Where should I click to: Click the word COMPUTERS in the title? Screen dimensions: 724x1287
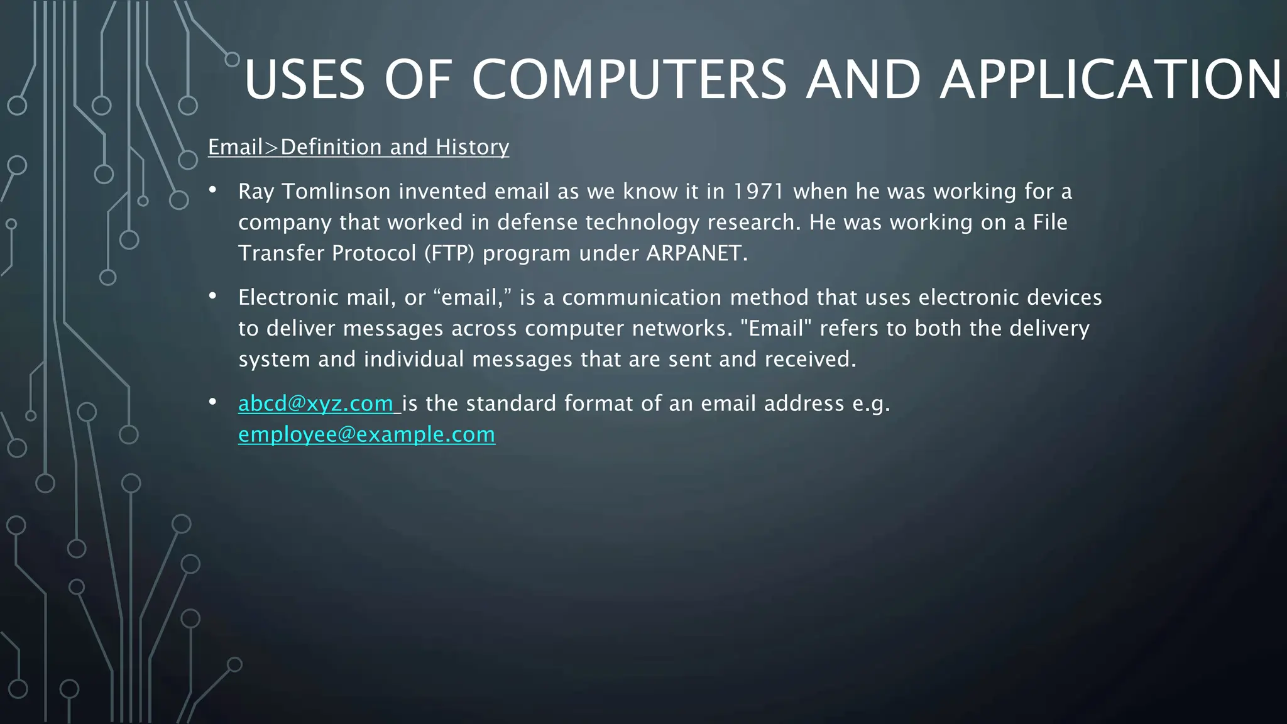pos(628,80)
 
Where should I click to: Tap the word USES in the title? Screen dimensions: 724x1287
pos(304,80)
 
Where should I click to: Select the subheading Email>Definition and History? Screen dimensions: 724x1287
pos(358,147)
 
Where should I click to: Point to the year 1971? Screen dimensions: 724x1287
pos(759,191)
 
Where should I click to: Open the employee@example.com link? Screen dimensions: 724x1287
pos(366,434)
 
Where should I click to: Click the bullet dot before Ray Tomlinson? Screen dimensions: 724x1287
pos(213,189)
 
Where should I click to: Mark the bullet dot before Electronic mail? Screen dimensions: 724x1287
pos(213,295)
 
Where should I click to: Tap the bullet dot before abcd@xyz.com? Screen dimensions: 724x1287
pos(213,402)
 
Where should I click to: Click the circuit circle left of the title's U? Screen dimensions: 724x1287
pos(233,60)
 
